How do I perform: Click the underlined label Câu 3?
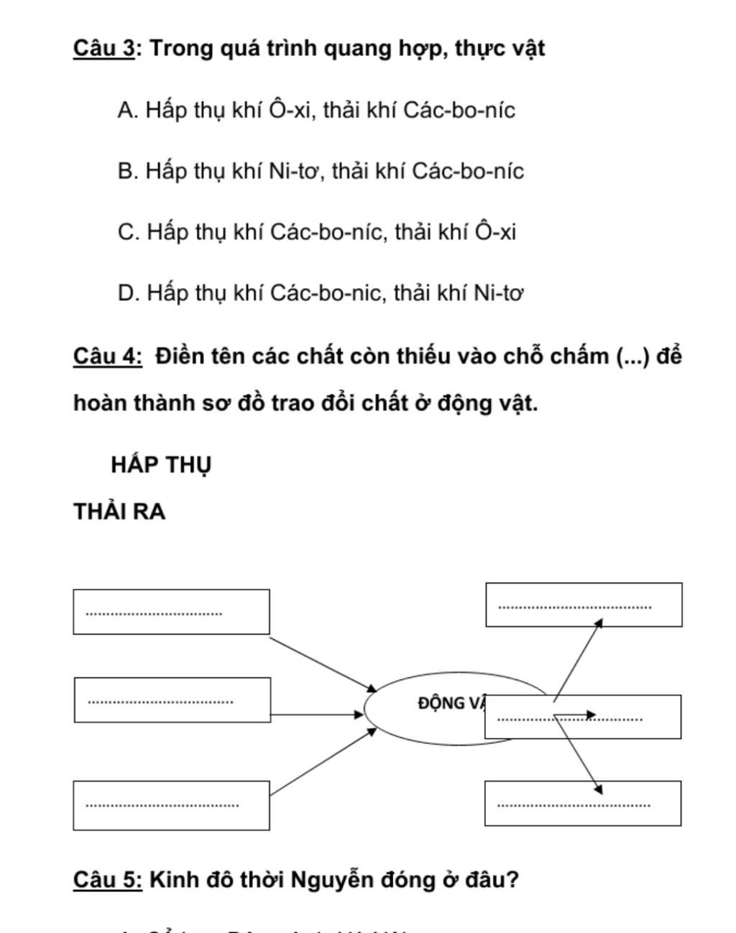[x=103, y=49]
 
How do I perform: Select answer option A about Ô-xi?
[x=316, y=110]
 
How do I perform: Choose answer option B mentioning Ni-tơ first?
[x=321, y=171]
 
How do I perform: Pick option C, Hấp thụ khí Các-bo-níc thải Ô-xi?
[x=317, y=232]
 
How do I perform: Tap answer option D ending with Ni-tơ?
[x=321, y=293]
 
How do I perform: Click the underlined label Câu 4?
[x=108, y=356]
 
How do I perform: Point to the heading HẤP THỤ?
[x=161, y=464]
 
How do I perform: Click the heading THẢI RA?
[x=119, y=512]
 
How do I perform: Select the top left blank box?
[x=171, y=612]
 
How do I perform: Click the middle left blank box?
[x=172, y=699]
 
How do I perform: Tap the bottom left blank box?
[x=171, y=805]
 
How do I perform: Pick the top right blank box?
[x=584, y=605]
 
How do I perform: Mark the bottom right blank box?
[x=583, y=803]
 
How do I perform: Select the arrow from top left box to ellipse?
[x=322, y=663]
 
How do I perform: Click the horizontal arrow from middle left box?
[x=317, y=714]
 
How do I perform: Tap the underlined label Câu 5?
[x=108, y=879]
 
